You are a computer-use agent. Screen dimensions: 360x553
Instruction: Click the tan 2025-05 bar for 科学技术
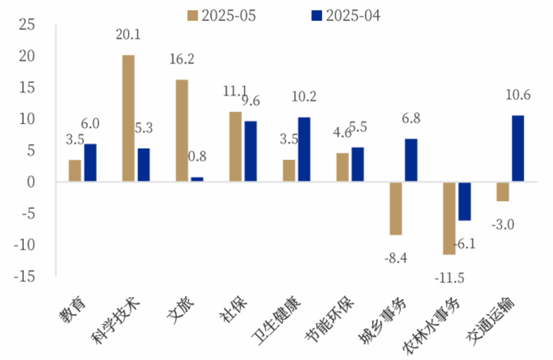(128, 118)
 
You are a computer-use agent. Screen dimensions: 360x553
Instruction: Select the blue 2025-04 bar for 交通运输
(518, 149)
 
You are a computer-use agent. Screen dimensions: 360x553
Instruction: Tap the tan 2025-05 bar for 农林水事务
(449, 218)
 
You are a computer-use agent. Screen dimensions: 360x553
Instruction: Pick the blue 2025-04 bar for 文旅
(197, 179)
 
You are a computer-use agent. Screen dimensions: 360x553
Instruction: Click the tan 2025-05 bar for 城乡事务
(396, 208)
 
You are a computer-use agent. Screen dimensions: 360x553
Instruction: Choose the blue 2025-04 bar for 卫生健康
(304, 149)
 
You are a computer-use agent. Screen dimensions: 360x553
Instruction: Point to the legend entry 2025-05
(222, 16)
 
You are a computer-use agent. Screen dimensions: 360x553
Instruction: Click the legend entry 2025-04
(346, 16)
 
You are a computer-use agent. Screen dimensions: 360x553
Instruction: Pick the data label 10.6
(518, 95)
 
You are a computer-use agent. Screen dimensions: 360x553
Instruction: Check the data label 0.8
(197, 156)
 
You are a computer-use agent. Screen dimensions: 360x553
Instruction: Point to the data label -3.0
(502, 224)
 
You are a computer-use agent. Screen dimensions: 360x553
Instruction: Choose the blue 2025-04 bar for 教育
(90, 163)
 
